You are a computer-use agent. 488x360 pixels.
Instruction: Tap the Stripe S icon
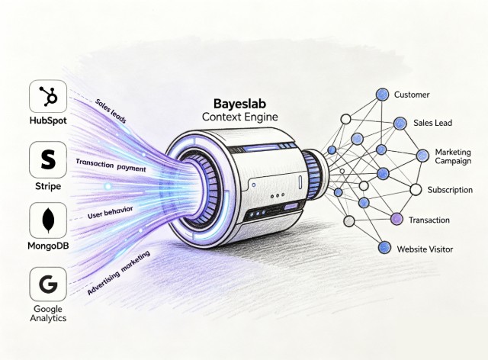point(44,161)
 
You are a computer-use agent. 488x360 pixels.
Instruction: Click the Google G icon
point(44,285)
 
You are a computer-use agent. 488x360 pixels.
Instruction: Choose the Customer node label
point(412,95)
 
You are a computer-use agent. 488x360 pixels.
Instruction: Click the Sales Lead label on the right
point(432,122)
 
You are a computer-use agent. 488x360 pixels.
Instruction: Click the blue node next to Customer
point(382,95)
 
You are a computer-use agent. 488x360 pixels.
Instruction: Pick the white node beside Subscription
point(416,189)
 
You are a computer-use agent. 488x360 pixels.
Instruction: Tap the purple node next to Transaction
point(396,220)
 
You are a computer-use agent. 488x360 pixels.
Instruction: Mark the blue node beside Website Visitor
point(384,248)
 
